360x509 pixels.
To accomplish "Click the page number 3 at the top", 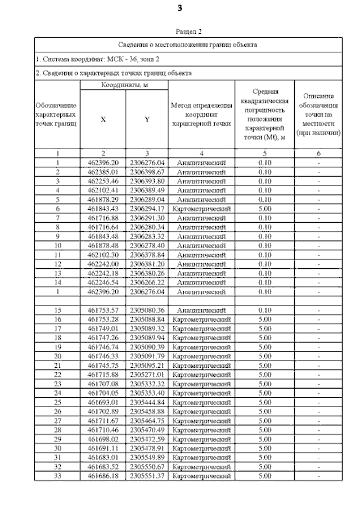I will coord(179,8).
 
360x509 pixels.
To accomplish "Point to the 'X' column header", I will coord(102,119).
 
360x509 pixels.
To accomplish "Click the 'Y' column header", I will coord(146,119).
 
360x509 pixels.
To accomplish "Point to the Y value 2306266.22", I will coord(146,283).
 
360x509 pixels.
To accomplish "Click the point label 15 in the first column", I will coord(57,310).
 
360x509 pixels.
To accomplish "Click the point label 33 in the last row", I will coord(57,476).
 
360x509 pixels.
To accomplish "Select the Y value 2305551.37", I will coord(146,476).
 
